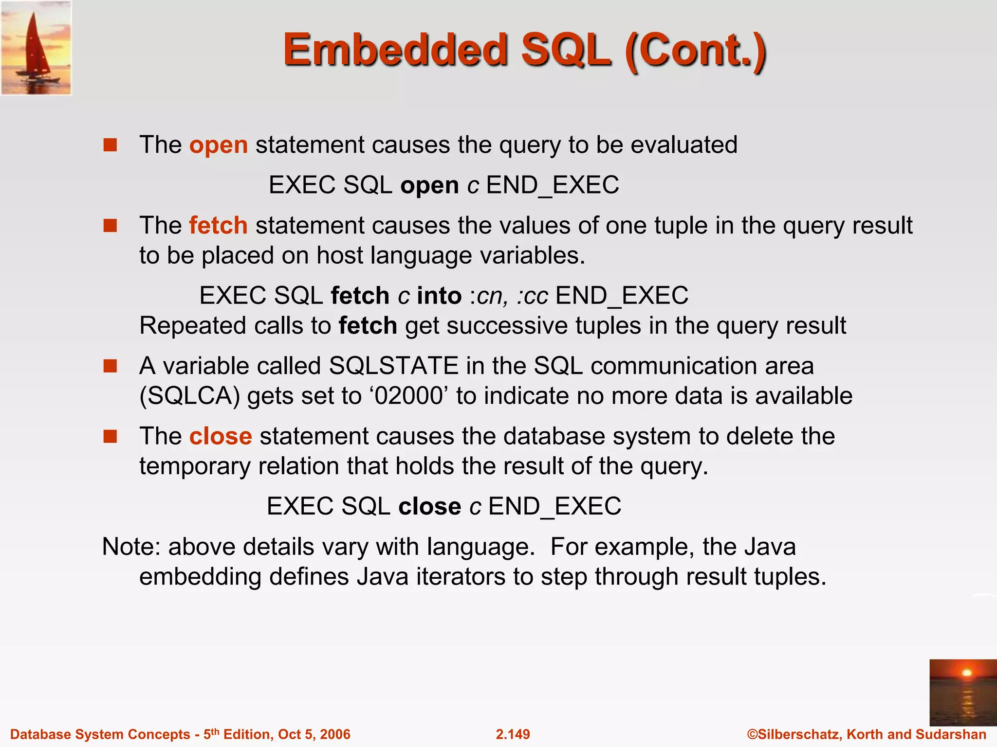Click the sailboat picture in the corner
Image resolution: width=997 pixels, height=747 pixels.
point(36,48)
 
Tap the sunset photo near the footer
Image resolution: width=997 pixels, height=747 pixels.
point(963,693)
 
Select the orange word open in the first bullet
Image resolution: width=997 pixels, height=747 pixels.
point(219,145)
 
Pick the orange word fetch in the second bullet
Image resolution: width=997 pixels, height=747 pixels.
point(218,226)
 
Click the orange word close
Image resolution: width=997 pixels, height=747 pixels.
point(221,436)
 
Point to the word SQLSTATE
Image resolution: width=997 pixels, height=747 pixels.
point(394,366)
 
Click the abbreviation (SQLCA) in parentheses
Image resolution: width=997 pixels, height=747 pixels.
point(190,396)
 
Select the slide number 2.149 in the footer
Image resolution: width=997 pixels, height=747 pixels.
point(513,734)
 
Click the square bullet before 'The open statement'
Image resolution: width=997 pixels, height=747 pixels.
point(111,145)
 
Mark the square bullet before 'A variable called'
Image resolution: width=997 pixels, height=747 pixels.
point(111,366)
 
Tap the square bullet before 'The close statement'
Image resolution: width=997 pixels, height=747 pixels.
point(111,436)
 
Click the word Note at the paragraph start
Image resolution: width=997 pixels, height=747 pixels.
point(130,547)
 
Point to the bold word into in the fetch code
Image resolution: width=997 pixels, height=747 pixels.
point(439,296)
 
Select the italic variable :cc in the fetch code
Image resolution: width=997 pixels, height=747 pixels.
point(533,296)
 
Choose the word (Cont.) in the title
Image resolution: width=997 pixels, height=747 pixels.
point(696,51)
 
